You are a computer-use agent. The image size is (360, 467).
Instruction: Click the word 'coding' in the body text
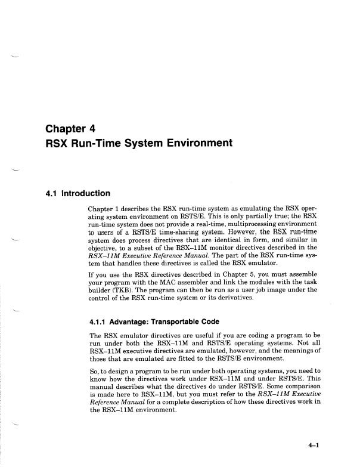coord(237,338)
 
